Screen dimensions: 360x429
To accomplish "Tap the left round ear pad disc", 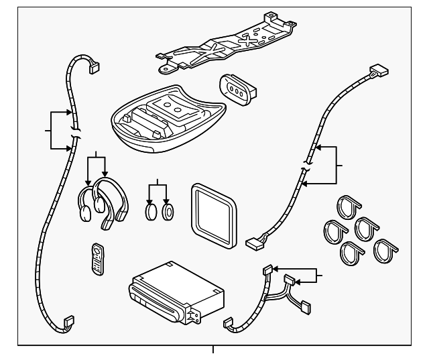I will [x=151, y=213].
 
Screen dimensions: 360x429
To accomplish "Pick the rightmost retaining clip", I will [x=387, y=250].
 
